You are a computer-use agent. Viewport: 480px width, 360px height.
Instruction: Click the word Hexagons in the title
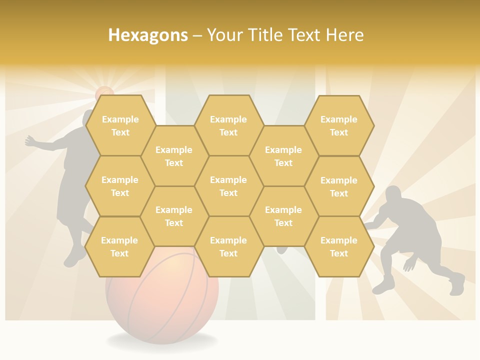148,35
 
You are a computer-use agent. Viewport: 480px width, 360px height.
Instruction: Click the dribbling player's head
393,194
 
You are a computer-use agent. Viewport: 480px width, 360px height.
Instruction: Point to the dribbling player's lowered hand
409,265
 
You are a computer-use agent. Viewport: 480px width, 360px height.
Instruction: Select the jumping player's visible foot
74,257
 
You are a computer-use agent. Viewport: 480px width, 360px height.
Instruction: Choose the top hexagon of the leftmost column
120,125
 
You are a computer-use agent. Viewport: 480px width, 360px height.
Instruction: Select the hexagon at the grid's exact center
228,186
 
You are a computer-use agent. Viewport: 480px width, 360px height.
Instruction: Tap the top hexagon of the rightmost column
339,125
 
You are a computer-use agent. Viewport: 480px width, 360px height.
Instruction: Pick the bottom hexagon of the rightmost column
339,246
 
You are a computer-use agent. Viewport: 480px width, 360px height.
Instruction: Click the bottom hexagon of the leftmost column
120,246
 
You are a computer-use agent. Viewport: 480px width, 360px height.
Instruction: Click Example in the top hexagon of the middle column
228,119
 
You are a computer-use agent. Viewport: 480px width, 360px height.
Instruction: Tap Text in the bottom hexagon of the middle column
228,253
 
